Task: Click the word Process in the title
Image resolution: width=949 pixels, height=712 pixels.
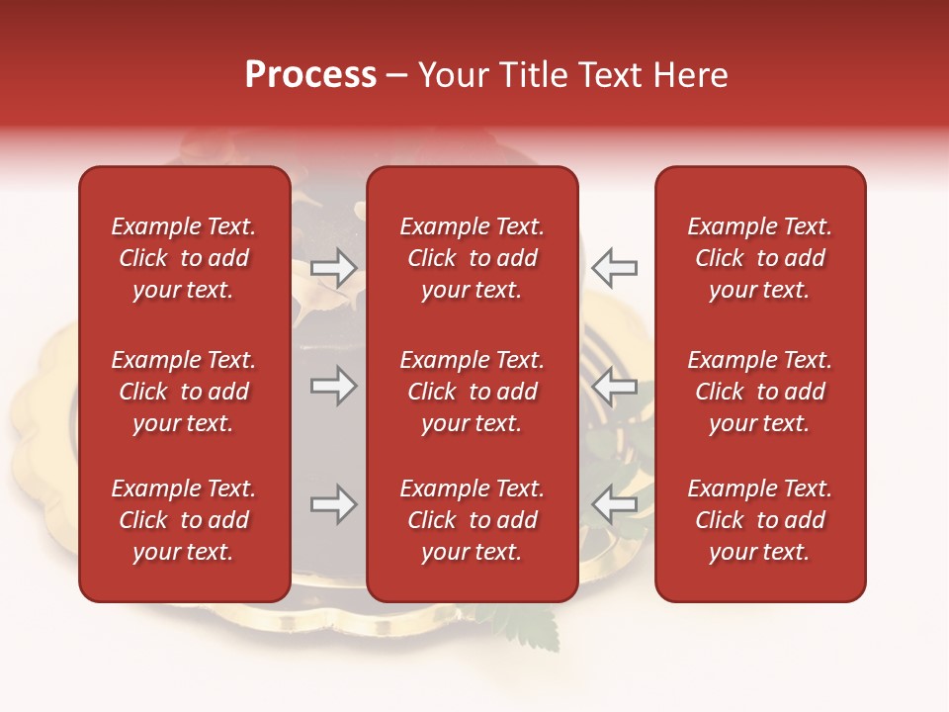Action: tap(310, 76)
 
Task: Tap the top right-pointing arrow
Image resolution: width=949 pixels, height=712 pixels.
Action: tap(334, 268)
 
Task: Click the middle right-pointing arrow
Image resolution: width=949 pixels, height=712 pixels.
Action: tap(334, 386)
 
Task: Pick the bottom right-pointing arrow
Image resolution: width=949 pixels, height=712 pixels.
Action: tap(334, 505)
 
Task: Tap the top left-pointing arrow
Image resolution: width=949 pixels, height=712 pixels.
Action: tap(614, 268)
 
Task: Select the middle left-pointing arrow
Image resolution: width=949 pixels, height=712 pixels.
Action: tap(614, 386)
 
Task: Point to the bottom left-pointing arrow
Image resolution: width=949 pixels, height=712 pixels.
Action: tap(614, 505)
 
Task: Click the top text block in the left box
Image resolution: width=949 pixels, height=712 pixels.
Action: tap(184, 258)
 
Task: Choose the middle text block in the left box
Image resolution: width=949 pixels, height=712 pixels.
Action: tap(184, 392)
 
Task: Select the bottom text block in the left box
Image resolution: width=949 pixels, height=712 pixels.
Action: tap(184, 520)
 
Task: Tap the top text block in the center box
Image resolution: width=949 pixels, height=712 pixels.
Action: tap(473, 258)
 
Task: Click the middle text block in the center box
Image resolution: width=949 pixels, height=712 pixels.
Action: tap(473, 392)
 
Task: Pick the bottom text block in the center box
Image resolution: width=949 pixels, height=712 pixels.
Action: tap(473, 520)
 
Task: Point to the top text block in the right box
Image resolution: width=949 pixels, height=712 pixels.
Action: tap(760, 258)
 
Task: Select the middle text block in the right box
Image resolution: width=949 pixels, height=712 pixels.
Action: tap(760, 392)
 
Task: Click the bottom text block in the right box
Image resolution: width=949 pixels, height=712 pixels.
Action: tap(760, 520)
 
